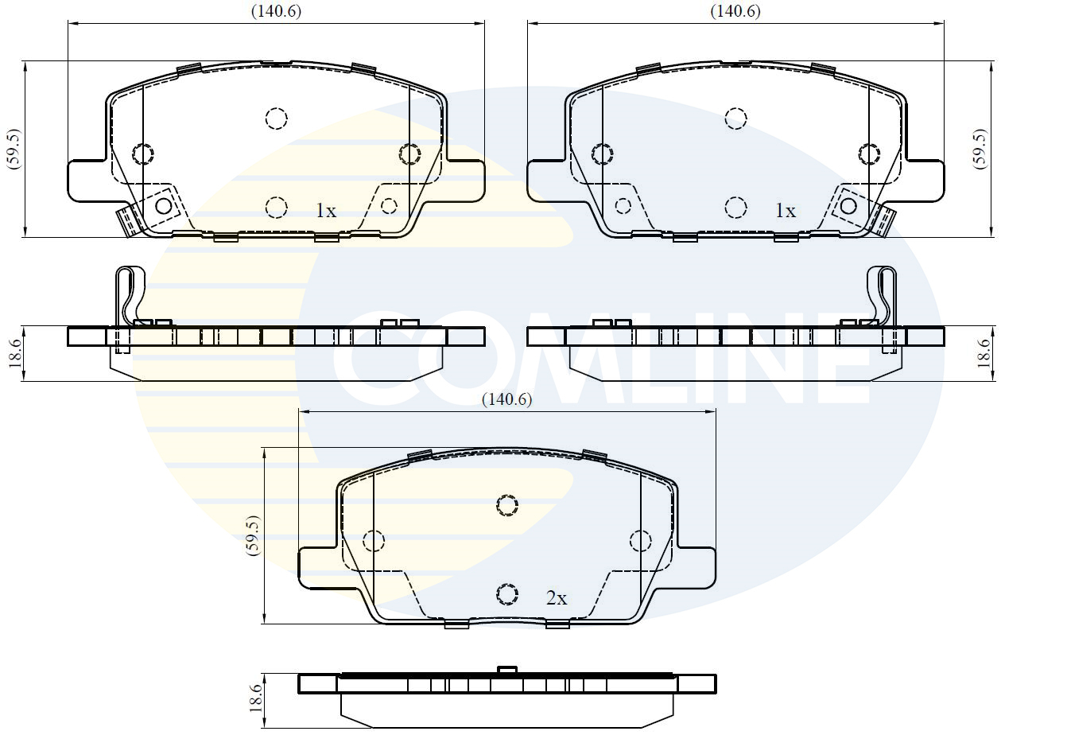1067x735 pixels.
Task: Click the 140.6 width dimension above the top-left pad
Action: click(x=276, y=11)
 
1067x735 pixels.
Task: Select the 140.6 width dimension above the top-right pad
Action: click(x=735, y=11)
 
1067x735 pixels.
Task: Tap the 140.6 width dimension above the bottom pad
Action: click(x=506, y=400)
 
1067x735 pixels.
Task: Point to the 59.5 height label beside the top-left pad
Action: click(x=14, y=148)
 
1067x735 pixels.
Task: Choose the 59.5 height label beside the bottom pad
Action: click(x=252, y=535)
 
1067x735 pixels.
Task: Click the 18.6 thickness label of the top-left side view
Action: click(x=14, y=353)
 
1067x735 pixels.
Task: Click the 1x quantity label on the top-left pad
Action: click(x=326, y=211)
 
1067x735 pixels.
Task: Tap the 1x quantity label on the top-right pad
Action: click(x=785, y=211)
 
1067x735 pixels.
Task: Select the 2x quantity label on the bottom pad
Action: click(x=557, y=598)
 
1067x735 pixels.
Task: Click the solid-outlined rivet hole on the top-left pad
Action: click(x=164, y=206)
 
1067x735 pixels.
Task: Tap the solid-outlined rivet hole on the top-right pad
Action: click(x=848, y=206)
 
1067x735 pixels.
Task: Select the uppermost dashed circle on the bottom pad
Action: click(x=506, y=504)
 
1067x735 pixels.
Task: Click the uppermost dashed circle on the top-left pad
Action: click(x=276, y=119)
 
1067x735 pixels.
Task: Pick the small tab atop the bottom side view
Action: click(x=506, y=670)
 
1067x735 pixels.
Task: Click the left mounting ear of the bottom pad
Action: click(x=318, y=568)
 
